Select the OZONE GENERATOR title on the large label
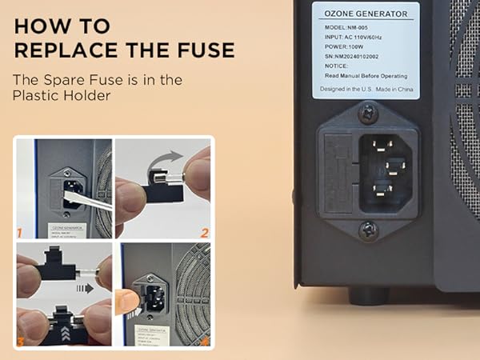365,14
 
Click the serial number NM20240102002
366,56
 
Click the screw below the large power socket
367,230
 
